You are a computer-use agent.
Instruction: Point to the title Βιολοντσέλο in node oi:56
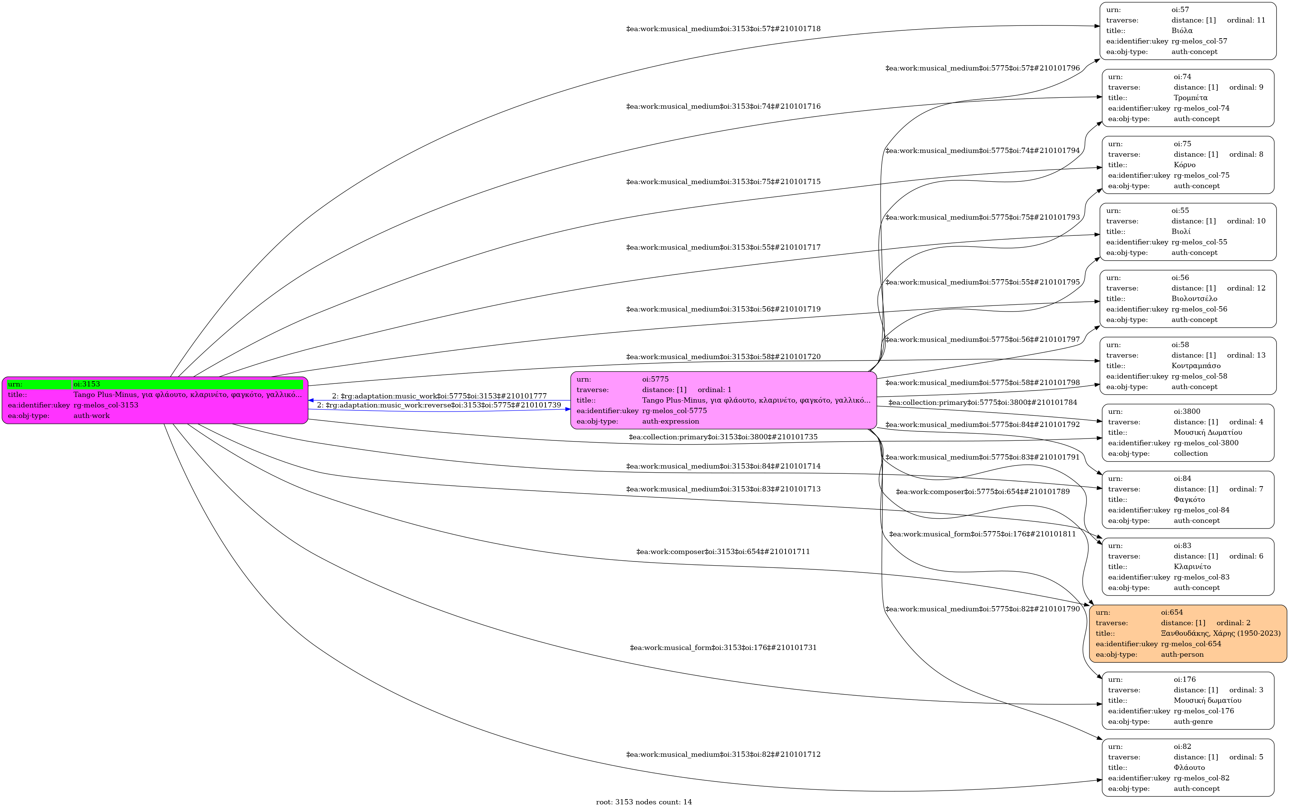pos(1194,298)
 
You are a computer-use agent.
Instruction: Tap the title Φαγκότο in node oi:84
pos(1189,500)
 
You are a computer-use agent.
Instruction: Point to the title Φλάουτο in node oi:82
pos(1189,768)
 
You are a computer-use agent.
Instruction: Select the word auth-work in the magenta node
pos(92,416)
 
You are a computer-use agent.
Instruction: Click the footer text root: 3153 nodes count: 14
pos(643,802)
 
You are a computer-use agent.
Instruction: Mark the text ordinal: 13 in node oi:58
pos(1246,355)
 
